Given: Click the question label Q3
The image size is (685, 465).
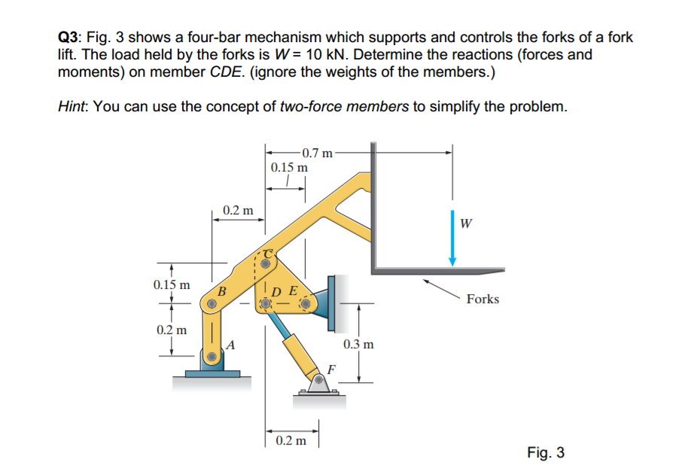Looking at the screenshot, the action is point(71,37).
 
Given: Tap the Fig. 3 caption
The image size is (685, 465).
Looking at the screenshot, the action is point(546,452).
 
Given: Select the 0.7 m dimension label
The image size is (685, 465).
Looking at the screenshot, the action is point(316,153).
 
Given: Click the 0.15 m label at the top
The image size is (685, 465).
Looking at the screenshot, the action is point(288,167).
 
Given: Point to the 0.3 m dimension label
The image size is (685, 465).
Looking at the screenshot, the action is point(358,345).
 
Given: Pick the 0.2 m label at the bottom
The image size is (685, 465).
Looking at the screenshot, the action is point(291,440).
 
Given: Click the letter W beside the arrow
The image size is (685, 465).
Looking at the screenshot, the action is point(467,223).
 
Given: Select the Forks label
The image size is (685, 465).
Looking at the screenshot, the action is point(483,299).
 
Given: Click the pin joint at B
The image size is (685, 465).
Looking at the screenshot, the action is point(212,305).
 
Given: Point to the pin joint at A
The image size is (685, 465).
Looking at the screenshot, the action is point(213,356).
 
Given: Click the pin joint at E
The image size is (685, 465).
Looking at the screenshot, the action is point(305,305).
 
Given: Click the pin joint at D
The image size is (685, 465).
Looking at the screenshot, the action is point(265,305).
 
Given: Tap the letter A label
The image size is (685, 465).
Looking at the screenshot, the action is point(230,345).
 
